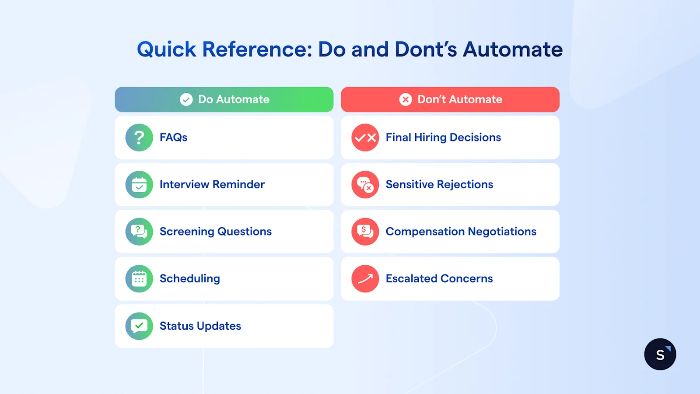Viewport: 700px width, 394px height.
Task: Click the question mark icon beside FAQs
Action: tap(139, 137)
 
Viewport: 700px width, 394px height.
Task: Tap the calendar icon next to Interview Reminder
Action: tap(139, 185)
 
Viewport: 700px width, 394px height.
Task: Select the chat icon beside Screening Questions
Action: tap(139, 232)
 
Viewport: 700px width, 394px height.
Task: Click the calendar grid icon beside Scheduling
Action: tap(139, 279)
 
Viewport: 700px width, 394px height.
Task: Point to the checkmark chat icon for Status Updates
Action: tap(139, 326)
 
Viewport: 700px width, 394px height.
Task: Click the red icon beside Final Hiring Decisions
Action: tap(365, 137)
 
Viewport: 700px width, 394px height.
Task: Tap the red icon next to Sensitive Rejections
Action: tap(365, 185)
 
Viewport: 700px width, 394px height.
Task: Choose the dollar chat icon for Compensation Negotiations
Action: tap(365, 232)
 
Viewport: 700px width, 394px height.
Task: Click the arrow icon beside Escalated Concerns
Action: tap(365, 279)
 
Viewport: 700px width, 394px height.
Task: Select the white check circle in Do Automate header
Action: tap(186, 100)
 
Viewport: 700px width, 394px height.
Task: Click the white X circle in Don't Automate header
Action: tap(406, 100)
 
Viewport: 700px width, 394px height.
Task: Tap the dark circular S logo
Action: tap(660, 354)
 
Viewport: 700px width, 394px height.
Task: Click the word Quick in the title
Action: tap(166, 49)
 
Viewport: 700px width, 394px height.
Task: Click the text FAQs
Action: tap(173, 137)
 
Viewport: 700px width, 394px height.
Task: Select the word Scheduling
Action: tap(189, 279)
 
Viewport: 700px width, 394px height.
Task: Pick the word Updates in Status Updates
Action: tap(219, 326)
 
